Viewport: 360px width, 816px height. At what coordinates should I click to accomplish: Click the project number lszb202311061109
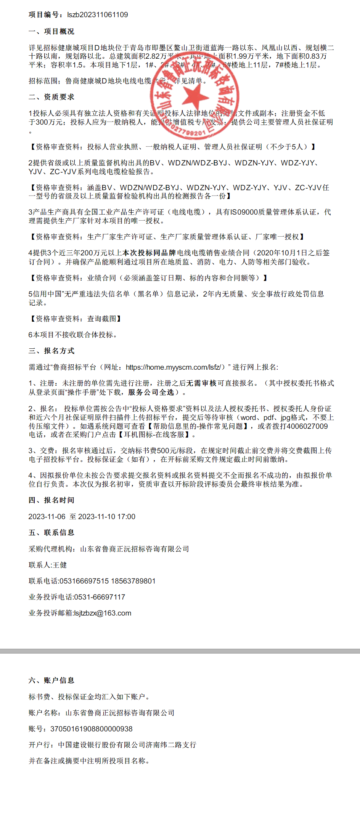point(97,15)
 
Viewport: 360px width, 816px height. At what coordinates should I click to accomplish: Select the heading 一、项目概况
point(51,32)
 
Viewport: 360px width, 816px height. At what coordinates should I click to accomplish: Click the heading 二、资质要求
point(51,97)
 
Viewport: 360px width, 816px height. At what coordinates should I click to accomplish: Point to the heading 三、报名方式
point(51,351)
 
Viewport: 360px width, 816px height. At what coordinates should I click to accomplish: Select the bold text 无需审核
point(201,383)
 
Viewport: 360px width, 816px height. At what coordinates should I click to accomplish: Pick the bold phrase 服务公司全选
point(151,392)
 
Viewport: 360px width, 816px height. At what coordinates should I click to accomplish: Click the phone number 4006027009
point(307,426)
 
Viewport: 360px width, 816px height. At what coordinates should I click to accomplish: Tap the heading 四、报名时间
point(51,500)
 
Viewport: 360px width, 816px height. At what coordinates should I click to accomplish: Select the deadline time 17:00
point(126,517)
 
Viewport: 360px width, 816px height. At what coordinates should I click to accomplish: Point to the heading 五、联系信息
point(51,533)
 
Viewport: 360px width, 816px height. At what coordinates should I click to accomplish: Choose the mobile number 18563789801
point(133,581)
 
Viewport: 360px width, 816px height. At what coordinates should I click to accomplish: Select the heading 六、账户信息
point(51,681)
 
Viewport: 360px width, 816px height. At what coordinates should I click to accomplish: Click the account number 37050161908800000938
point(92,729)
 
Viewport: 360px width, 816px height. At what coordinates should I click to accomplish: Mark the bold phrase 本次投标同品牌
point(149,253)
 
